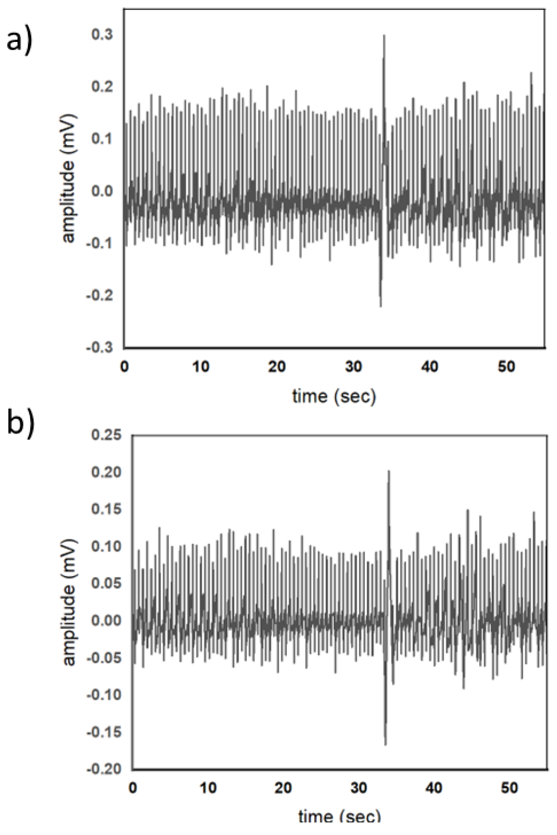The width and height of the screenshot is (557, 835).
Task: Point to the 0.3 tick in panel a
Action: pos(102,35)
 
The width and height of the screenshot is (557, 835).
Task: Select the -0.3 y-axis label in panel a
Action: pos(99,347)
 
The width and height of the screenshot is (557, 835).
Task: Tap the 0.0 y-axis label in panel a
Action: pos(102,191)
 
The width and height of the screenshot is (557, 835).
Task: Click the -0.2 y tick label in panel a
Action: pos(99,295)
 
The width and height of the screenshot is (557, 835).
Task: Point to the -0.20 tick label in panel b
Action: pos(104,769)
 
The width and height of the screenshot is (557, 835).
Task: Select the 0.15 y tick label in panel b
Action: pos(106,509)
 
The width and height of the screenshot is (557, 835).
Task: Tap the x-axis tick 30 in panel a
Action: pos(353,366)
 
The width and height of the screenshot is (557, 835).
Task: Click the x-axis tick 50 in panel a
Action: pos(506,366)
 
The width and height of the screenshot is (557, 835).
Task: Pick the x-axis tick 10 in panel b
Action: pos(208,788)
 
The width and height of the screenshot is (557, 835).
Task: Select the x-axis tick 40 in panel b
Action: pos(434,788)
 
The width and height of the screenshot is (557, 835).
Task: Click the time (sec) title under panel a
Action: pos(334,396)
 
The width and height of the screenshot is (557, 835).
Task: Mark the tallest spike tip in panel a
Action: pos(384,35)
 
